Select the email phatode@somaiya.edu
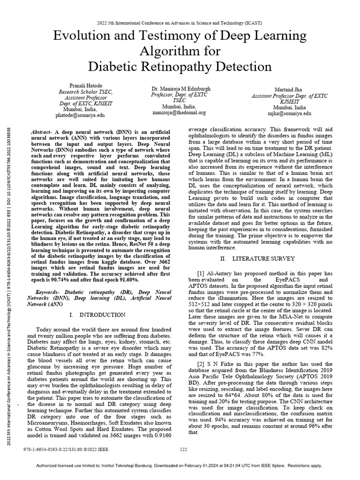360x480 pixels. point(81,114)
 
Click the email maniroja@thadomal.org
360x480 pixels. point(179,112)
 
